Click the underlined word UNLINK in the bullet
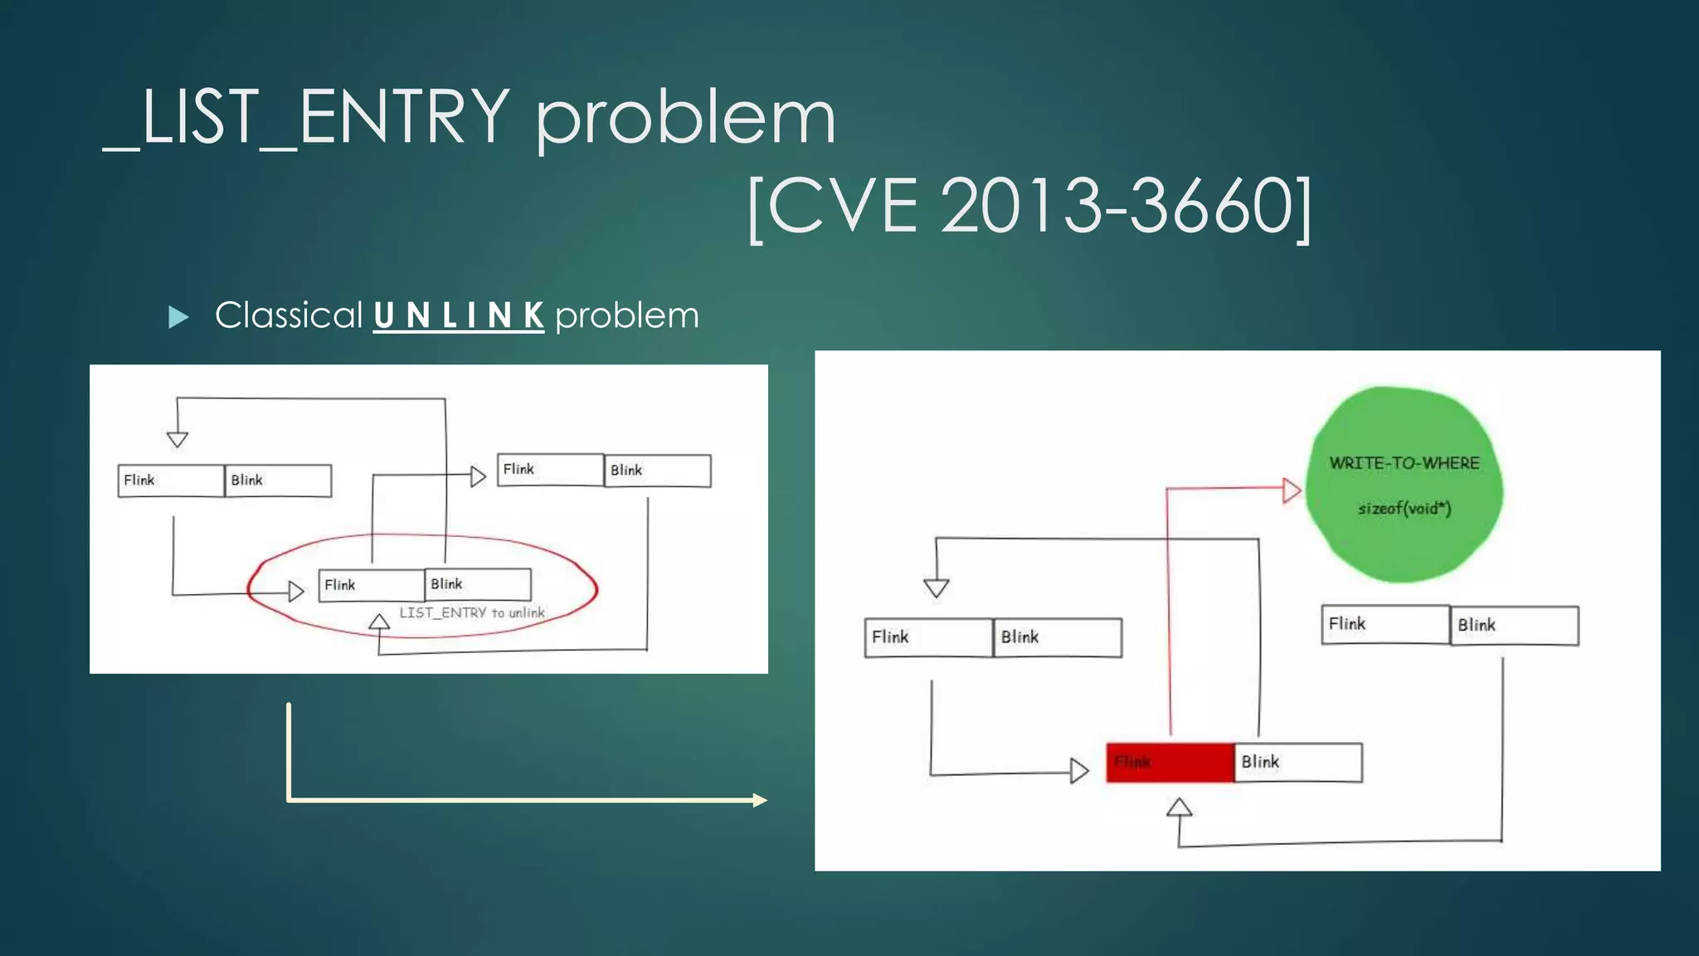click(x=458, y=315)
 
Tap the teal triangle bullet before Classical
click(x=178, y=317)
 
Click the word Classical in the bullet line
click(x=289, y=315)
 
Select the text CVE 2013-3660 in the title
click(x=1030, y=206)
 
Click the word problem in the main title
click(x=685, y=118)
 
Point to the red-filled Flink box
click(x=1170, y=762)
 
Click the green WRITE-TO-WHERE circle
click(x=1404, y=485)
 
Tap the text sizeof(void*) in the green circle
click(x=1404, y=508)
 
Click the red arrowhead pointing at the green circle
click(x=1291, y=490)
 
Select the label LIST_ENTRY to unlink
click(x=472, y=612)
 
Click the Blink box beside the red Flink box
click(x=1297, y=762)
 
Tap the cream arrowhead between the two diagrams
click(x=759, y=800)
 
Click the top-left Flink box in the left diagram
click(x=171, y=480)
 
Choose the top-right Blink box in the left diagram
click(x=657, y=471)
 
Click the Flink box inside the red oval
click(x=371, y=585)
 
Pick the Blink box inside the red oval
click(x=478, y=584)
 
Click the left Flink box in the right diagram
click(x=928, y=637)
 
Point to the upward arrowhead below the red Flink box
click(x=1179, y=807)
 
